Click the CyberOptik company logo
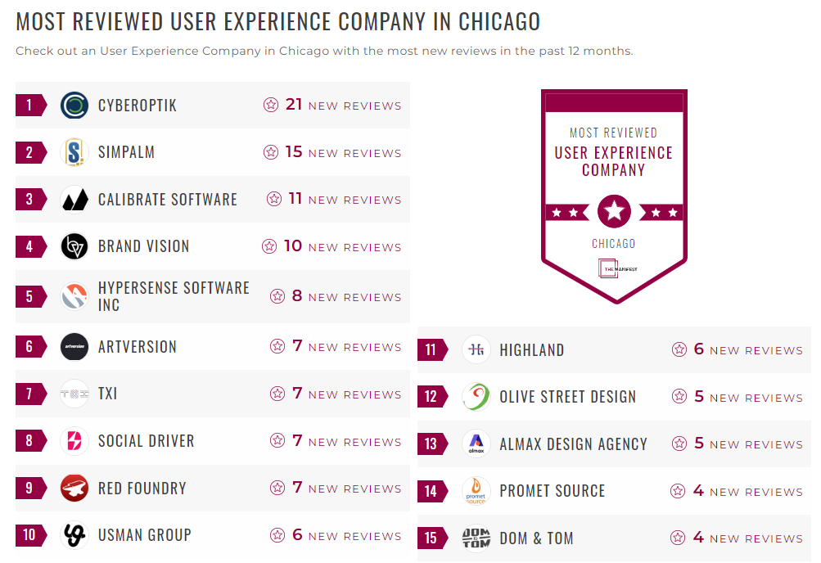tap(74, 105)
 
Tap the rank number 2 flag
tap(30, 152)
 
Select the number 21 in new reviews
tap(294, 105)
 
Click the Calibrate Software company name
tap(167, 200)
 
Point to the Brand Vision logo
tap(74, 246)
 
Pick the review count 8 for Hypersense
tap(297, 296)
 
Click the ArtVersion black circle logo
tap(74, 347)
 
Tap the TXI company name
tap(107, 394)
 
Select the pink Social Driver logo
tap(74, 441)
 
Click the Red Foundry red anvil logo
tap(74, 489)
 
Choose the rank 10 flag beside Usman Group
tap(30, 535)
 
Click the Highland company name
tap(531, 350)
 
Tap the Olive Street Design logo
tap(476, 397)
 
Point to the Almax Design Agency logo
tap(476, 444)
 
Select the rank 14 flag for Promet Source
tap(432, 491)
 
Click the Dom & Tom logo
tap(476, 538)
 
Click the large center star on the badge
tap(614, 212)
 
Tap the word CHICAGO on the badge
tap(613, 244)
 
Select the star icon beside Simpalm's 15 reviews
tap(271, 152)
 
